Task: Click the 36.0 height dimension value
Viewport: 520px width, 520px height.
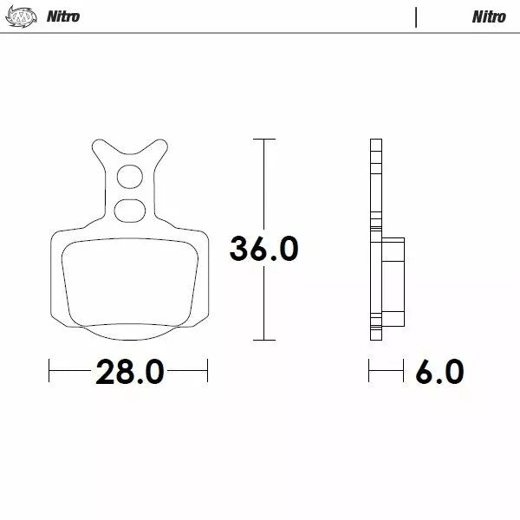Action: [x=263, y=249]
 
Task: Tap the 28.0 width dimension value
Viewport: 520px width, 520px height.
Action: [x=129, y=373]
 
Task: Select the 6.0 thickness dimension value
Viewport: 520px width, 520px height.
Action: [x=439, y=373]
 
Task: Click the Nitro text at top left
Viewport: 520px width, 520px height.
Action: [x=63, y=16]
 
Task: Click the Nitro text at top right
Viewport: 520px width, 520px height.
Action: [x=489, y=16]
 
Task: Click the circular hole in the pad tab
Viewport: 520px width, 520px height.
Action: [x=130, y=176]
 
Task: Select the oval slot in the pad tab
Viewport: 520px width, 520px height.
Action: [x=129, y=208]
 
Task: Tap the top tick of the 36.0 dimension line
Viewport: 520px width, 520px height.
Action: [x=263, y=139]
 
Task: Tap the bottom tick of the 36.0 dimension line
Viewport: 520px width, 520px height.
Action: [x=263, y=340]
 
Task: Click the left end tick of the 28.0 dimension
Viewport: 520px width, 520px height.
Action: [x=49, y=373]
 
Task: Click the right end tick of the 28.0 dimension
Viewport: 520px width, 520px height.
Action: [x=208, y=373]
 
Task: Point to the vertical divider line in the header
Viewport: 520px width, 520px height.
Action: [x=416, y=16]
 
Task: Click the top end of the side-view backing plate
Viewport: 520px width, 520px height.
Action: [x=375, y=142]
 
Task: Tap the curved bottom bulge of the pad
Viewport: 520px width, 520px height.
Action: [x=130, y=332]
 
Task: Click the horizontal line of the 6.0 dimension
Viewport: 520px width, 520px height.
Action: [x=387, y=373]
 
